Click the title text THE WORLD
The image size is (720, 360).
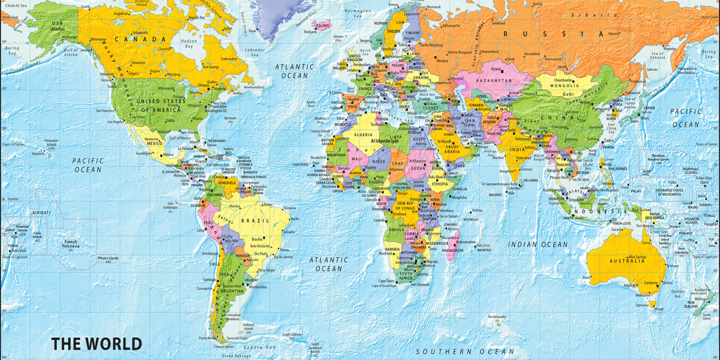click(x=97, y=344)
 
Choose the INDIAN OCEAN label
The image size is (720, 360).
click(x=538, y=244)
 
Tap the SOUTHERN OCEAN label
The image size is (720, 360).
click(x=466, y=351)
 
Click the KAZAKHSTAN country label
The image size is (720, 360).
click(x=494, y=80)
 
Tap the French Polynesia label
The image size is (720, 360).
click(x=76, y=244)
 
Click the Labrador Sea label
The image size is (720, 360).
click(x=256, y=52)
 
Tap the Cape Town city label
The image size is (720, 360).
click(x=386, y=280)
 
